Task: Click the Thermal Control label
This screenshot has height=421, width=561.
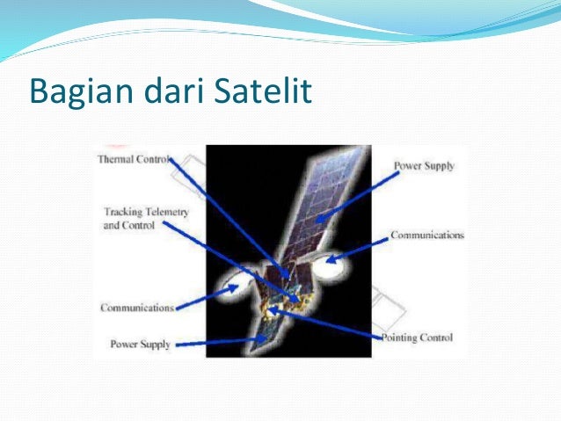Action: tap(132, 160)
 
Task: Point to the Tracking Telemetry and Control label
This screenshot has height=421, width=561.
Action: tap(146, 218)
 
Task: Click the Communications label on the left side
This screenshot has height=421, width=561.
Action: tap(136, 308)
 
